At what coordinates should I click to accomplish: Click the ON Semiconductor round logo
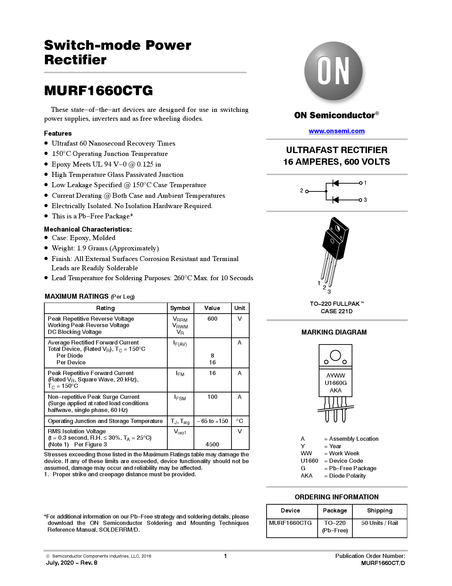pyautogui.click(x=333, y=71)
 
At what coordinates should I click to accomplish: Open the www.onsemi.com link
pyautogui.click(x=336, y=131)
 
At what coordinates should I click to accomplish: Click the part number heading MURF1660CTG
pyautogui.click(x=99, y=91)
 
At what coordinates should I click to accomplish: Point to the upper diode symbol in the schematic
pyautogui.click(x=335, y=183)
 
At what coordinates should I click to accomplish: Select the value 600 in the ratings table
pyautogui.click(x=212, y=319)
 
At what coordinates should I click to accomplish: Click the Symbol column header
pyautogui.click(x=180, y=308)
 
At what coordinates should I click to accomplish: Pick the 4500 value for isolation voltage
pyautogui.click(x=212, y=444)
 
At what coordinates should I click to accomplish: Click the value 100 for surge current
pyautogui.click(x=212, y=397)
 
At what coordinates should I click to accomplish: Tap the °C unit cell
pyautogui.click(x=240, y=421)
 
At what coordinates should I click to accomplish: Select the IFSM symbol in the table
pyautogui.click(x=180, y=398)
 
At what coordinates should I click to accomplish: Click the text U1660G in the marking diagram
pyautogui.click(x=336, y=383)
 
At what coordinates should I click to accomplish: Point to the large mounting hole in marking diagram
pyautogui.click(x=335, y=355)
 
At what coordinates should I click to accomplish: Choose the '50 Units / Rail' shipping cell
pyautogui.click(x=379, y=523)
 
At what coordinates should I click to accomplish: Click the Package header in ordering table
pyautogui.click(x=335, y=511)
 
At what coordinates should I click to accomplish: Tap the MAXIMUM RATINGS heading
pyautogui.click(x=77, y=297)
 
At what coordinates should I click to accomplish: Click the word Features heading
pyautogui.click(x=58, y=134)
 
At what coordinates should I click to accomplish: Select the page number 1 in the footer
pyautogui.click(x=225, y=556)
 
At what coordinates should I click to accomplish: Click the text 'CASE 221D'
pyautogui.click(x=336, y=311)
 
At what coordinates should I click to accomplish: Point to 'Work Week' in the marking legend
pyautogui.click(x=344, y=454)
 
